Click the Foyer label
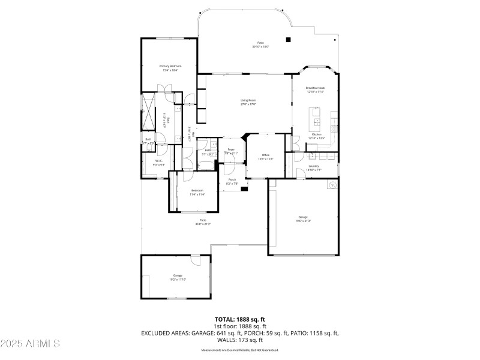[x=231, y=149]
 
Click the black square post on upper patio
[x=289, y=40]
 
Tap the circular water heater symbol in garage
[x=331, y=186]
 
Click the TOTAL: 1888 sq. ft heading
[x=239, y=319]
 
